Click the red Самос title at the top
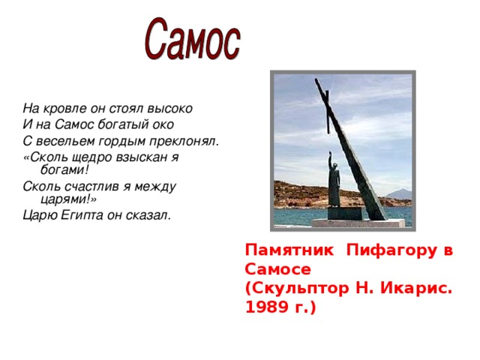[193, 40]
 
